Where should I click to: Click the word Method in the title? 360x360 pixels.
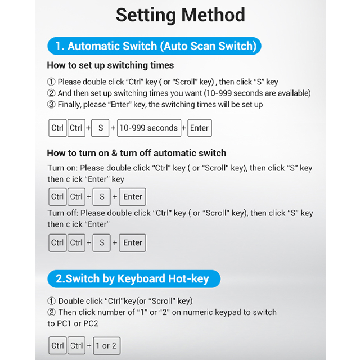(212, 15)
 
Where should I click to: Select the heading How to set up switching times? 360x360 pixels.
(110, 65)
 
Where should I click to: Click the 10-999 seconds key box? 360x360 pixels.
(147, 128)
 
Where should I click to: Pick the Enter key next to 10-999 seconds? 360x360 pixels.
(199, 128)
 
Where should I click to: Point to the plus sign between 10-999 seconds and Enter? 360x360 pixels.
(183, 128)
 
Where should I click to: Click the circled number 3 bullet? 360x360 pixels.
(51, 105)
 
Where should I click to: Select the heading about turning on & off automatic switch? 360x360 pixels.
(136, 153)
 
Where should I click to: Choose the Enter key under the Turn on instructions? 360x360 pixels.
(133, 197)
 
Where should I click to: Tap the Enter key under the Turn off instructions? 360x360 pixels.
(133, 243)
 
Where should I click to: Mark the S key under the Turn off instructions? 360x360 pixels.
(101, 243)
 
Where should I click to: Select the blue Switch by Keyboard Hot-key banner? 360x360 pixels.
(133, 278)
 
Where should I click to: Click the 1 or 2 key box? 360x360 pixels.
(106, 345)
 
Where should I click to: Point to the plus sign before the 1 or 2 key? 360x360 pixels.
(89, 345)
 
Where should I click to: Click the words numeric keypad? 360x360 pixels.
(202, 312)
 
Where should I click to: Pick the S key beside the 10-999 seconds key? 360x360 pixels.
(100, 128)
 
